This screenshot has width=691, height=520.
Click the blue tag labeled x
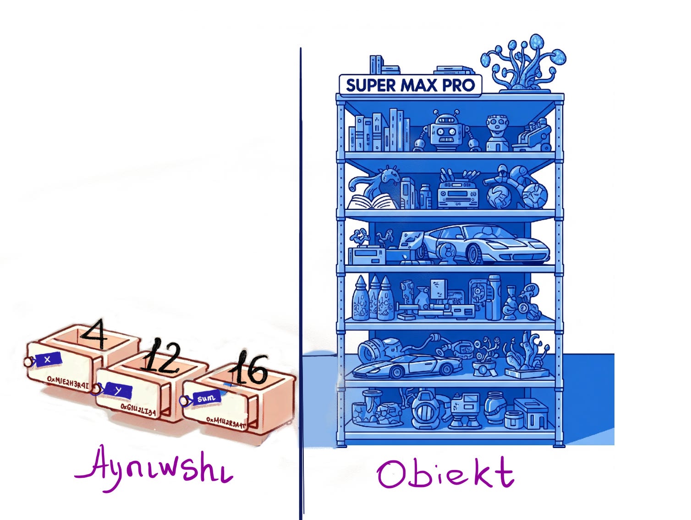47,360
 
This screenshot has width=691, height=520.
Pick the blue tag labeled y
118,390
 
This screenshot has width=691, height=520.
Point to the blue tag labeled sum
206,398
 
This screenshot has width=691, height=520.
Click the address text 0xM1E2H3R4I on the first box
68,382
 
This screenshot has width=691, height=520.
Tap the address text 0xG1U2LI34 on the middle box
138,409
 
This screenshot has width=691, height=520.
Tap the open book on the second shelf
371,201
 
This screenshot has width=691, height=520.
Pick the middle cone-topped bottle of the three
375,298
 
